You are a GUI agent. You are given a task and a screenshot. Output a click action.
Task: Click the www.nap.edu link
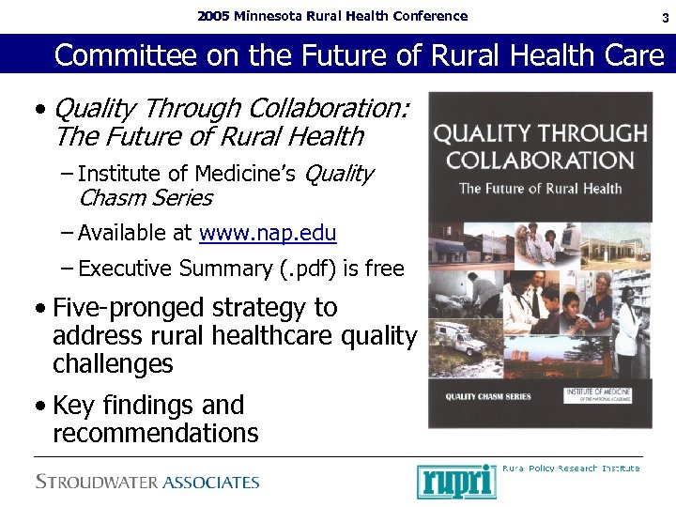[x=268, y=233]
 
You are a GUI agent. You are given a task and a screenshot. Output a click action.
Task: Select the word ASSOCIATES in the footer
[x=210, y=483]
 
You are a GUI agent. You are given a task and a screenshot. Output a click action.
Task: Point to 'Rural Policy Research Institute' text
[x=571, y=468]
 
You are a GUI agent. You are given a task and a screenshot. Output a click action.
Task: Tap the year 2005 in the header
[x=213, y=16]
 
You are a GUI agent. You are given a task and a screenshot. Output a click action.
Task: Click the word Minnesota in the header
[x=273, y=16]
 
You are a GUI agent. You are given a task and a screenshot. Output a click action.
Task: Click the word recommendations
[x=155, y=433]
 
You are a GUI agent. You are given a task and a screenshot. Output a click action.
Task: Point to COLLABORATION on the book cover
[x=540, y=160]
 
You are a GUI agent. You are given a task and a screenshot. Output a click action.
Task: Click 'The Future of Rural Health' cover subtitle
[x=540, y=189]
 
